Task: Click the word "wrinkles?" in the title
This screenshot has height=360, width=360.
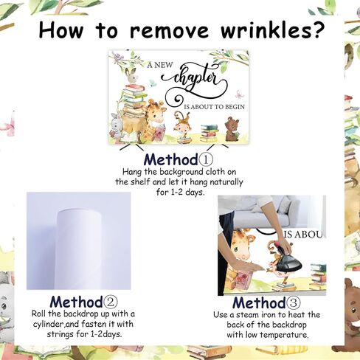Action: tap(271, 30)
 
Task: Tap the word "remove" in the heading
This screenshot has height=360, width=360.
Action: tap(170, 30)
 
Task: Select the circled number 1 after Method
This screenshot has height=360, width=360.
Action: tap(206, 159)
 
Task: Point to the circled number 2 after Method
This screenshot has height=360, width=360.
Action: tap(111, 302)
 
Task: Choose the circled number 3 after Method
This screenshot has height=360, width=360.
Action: tap(293, 302)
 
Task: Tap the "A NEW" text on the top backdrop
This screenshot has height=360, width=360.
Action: tap(160, 65)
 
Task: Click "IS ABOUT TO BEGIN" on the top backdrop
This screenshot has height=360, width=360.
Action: tap(215, 107)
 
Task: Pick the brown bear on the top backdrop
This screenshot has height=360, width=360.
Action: tap(232, 129)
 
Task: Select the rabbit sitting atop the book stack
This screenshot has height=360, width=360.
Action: tap(133, 76)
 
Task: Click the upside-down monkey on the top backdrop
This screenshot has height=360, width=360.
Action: tap(183, 125)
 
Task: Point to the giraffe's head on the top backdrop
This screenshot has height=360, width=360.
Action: tap(154, 111)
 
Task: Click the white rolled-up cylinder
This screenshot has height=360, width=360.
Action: tap(79, 249)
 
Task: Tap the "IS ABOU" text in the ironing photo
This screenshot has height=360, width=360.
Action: tap(305, 235)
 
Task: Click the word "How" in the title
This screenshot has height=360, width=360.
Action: tap(60, 30)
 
